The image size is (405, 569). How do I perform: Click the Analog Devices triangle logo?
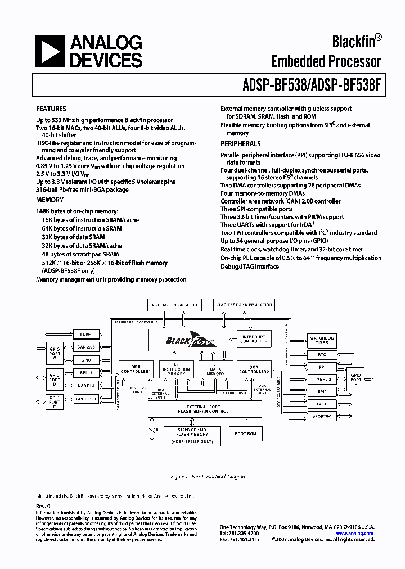tap(50, 51)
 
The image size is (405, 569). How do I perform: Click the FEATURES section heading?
tap(51, 109)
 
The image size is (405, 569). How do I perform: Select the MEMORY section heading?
tap(50, 200)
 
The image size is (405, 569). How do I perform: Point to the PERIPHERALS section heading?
tap(240, 144)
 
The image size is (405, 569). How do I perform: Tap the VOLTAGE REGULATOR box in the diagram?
tap(173, 305)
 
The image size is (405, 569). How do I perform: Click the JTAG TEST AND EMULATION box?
tap(244, 305)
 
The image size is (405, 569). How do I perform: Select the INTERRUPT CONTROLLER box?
tap(253, 338)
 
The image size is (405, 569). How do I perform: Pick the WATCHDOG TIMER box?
tap(322, 340)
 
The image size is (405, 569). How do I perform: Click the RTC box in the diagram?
tap(322, 355)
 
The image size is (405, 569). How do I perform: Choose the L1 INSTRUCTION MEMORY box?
tap(176, 369)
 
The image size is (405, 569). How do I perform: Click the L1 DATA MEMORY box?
tap(215, 369)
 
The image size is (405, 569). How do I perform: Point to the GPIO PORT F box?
tap(355, 379)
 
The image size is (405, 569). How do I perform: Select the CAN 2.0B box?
tap(86, 347)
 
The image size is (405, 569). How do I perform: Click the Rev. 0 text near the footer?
tap(43, 506)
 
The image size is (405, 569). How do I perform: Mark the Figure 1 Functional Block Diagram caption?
tap(208, 476)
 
